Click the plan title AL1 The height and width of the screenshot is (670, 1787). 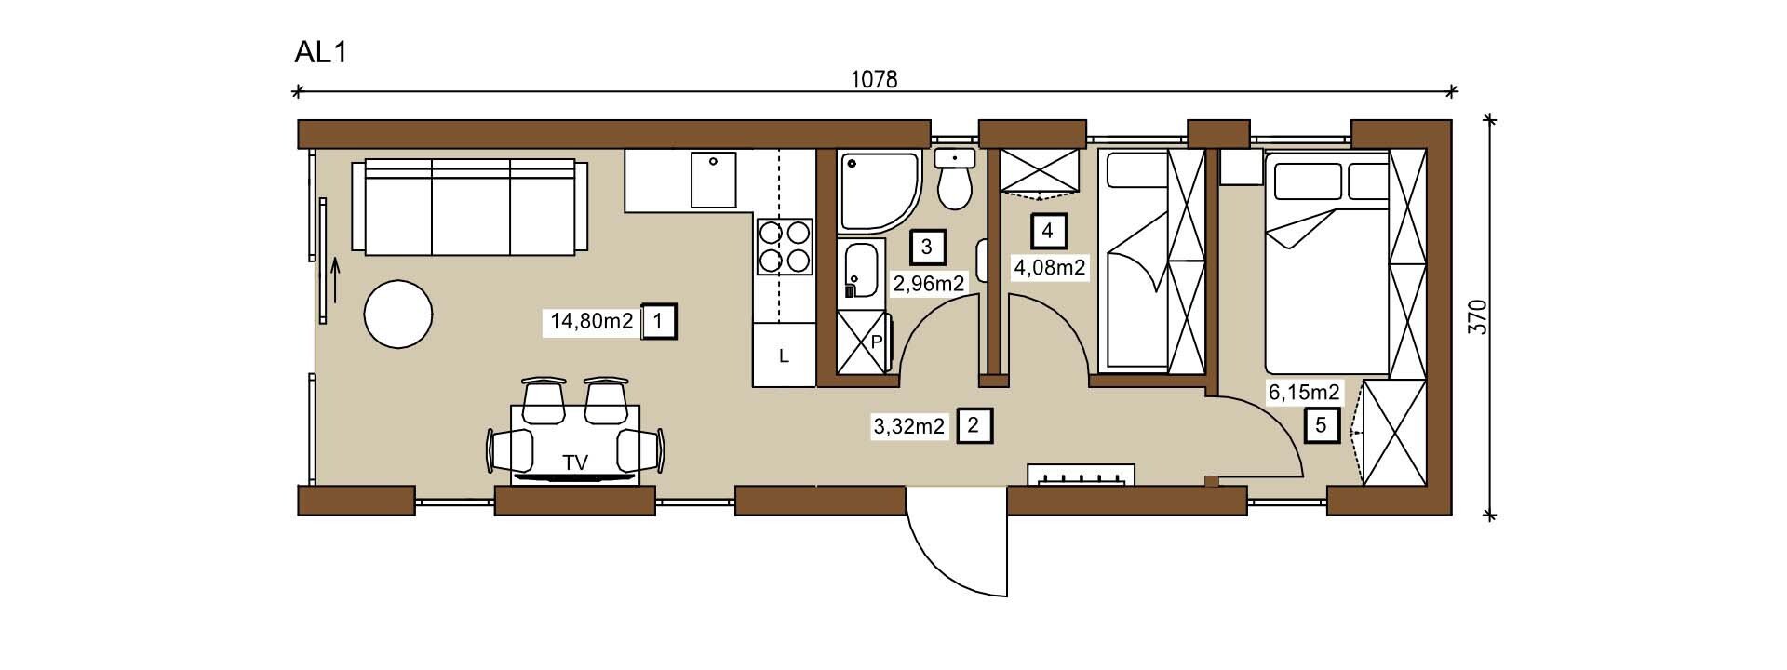pyautogui.click(x=320, y=53)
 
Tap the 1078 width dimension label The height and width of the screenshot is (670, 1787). pyautogui.click(x=874, y=79)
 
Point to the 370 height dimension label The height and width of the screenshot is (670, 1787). pyautogui.click(x=1485, y=316)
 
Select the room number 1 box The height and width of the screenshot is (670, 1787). pyautogui.click(x=659, y=322)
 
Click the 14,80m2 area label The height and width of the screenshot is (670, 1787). pyautogui.click(x=592, y=322)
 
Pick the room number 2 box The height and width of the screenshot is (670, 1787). pyautogui.click(x=974, y=426)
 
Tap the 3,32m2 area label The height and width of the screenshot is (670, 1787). pyautogui.click(x=908, y=427)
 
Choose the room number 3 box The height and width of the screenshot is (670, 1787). pyautogui.click(x=926, y=247)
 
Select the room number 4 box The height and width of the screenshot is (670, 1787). pyautogui.click(x=1048, y=230)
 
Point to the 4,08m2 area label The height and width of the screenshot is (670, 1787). pyautogui.click(x=1049, y=269)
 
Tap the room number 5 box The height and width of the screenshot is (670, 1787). pyautogui.click(x=1322, y=426)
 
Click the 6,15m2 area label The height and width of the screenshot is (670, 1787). pyautogui.click(x=1304, y=393)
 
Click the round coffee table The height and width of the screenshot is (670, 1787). pyautogui.click(x=398, y=315)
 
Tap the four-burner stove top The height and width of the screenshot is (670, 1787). pyautogui.click(x=785, y=246)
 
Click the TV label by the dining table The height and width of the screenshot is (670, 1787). pyautogui.click(x=575, y=462)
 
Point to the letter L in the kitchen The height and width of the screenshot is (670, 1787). pyautogui.click(x=784, y=356)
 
